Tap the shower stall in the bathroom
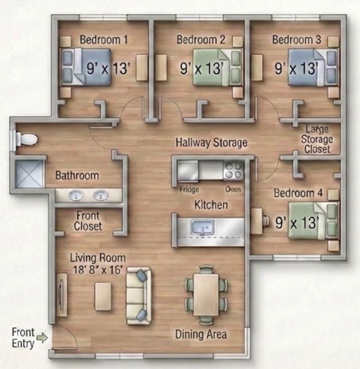30,174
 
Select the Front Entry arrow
42,338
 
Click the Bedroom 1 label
104,39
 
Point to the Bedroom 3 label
297,39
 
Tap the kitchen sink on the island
202,227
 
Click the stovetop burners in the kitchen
234,170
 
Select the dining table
206,295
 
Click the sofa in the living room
138,296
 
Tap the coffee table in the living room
103,296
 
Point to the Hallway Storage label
212,143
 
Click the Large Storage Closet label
317,140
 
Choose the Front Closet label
88,221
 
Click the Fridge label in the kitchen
190,189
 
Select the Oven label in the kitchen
233,189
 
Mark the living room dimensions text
98,270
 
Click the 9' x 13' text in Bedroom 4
297,223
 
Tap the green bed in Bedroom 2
217,67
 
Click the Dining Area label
201,335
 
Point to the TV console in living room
62,295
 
